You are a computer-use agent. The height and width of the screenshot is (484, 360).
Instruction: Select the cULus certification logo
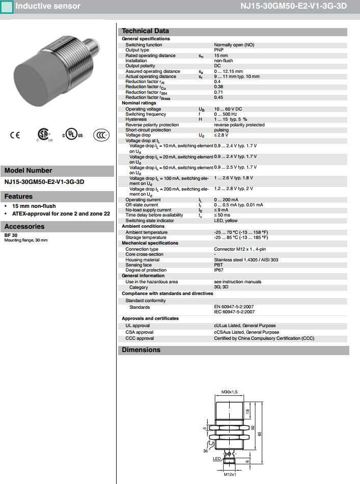point(72,135)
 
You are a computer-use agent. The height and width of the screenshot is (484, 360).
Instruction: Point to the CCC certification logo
point(101,135)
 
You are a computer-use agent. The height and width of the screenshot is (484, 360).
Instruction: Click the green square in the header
point(7,7)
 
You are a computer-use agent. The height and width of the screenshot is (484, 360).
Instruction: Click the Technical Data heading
point(146,31)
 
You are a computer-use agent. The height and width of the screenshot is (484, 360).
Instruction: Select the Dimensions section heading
point(141,350)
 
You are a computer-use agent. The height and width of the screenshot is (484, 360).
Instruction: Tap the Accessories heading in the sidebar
point(24,226)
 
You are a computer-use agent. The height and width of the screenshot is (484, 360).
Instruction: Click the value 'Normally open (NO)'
point(234,45)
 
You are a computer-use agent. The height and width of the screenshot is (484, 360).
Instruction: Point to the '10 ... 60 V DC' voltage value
point(228,109)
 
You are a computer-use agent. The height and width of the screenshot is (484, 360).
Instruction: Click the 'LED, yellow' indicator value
point(226,221)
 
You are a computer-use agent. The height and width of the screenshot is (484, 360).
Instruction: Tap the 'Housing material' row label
point(143,259)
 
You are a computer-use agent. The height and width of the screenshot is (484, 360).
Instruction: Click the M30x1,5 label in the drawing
point(230,392)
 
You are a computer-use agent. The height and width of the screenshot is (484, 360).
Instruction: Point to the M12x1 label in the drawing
point(230,475)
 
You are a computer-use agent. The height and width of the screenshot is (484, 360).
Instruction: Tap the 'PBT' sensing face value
point(218,265)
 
